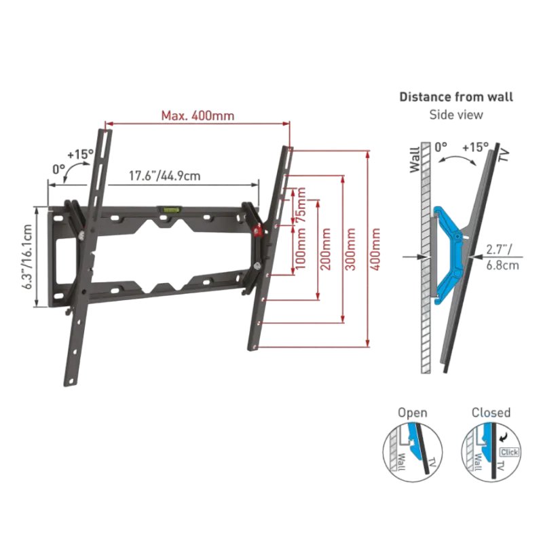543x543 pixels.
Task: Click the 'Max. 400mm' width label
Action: pyautogui.click(x=198, y=116)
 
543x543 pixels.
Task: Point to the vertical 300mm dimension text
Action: pyautogui.click(x=351, y=250)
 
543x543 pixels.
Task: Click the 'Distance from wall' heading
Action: pyautogui.click(x=455, y=96)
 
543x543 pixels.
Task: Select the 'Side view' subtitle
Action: pyautogui.click(x=455, y=115)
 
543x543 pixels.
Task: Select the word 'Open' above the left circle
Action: pyautogui.click(x=413, y=412)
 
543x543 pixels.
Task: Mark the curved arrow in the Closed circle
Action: pyautogui.click(x=506, y=429)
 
